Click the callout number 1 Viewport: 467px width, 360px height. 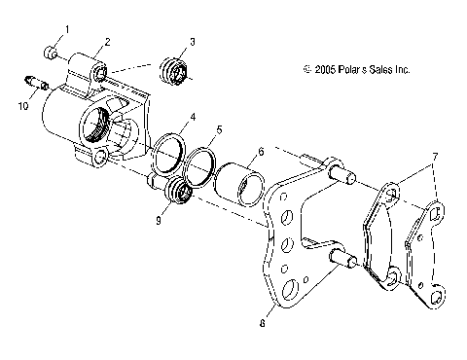point(67,28)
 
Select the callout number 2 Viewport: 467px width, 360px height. point(106,41)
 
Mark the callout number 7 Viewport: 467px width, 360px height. point(435,157)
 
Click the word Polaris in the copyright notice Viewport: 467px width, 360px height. point(352,70)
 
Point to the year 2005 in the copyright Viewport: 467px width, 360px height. point(325,70)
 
